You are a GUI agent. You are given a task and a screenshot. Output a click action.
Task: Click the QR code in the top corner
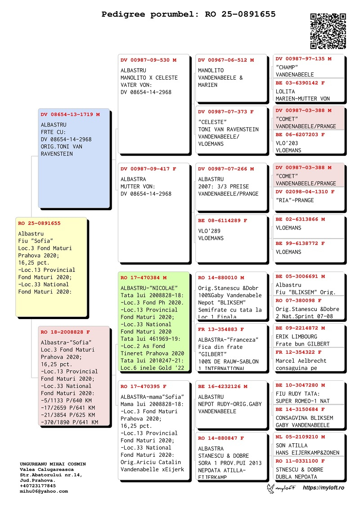(x=328, y=31)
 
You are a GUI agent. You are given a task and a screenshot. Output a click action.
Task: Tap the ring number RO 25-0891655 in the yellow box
(x=39, y=223)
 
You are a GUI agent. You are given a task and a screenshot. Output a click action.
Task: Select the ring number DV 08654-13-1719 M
(x=70, y=114)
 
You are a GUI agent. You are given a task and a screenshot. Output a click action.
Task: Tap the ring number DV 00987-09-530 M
(x=148, y=60)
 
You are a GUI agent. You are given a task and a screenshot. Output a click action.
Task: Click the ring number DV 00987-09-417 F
(x=148, y=169)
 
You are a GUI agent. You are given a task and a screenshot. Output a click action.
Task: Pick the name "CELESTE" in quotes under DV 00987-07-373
(x=213, y=122)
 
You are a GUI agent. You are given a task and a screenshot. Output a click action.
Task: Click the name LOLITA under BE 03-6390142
(x=285, y=91)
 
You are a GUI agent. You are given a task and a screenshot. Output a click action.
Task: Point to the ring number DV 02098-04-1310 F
(x=305, y=192)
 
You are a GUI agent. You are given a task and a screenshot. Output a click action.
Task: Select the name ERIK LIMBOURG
(x=297, y=337)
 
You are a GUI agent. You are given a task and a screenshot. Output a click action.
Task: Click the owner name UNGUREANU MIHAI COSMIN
(x=53, y=464)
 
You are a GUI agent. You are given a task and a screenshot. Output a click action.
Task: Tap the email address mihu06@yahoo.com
(x=44, y=491)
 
